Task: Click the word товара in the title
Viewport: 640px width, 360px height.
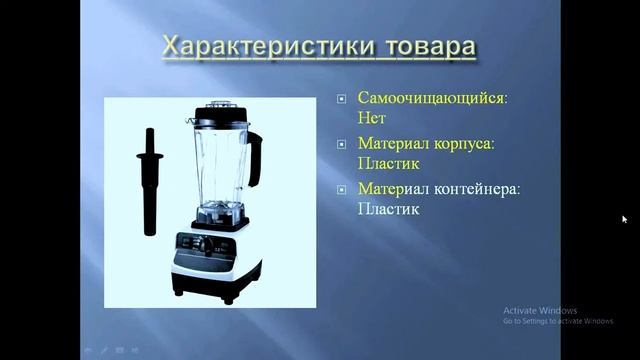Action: pos(424,46)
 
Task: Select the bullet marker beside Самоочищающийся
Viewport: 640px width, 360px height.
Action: pos(342,99)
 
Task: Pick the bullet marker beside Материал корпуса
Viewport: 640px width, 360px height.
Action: pos(342,144)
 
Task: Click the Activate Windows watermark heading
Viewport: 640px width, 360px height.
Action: pos(540,310)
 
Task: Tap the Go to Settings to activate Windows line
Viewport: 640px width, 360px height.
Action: pos(557,321)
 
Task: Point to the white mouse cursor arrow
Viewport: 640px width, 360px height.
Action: pos(624,218)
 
